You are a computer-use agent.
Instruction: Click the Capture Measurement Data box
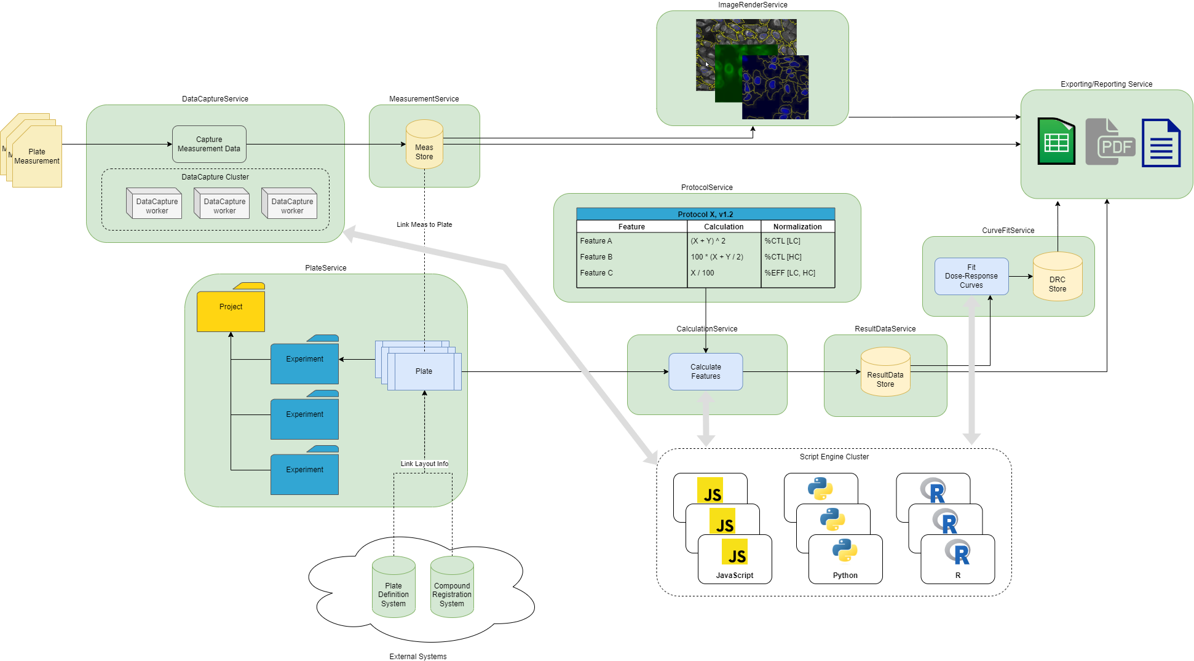click(209, 144)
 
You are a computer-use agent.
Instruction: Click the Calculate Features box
click(705, 371)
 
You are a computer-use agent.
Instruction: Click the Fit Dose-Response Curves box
click(971, 276)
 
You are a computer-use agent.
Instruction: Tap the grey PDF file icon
click(1110, 142)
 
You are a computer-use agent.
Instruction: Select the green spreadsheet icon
click(1056, 142)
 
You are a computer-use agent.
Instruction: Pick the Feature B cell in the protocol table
click(596, 257)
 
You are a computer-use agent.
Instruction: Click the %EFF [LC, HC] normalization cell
click(790, 273)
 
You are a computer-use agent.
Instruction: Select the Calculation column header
click(724, 227)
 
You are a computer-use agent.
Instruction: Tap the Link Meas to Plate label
click(424, 224)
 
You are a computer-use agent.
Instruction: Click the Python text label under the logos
click(845, 576)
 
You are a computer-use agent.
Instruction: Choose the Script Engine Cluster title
click(834, 457)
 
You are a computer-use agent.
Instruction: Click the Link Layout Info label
click(424, 464)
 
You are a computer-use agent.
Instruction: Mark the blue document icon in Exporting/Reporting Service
click(1161, 143)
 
